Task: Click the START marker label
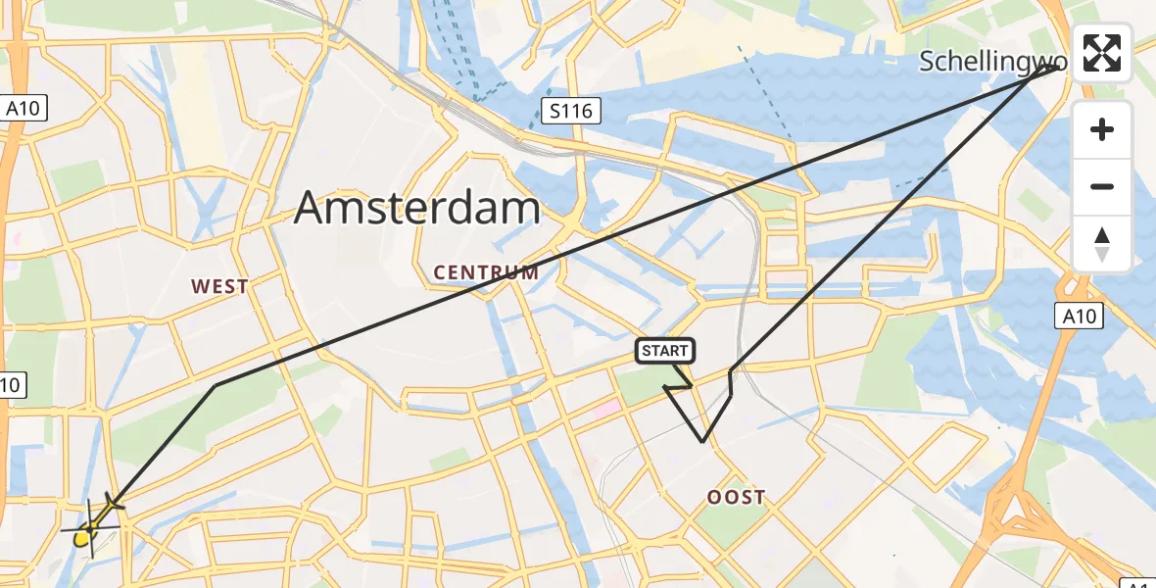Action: coord(665,351)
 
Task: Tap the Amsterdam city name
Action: coord(417,209)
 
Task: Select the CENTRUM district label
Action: coord(486,273)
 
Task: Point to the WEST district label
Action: coord(219,287)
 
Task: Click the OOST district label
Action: coord(736,498)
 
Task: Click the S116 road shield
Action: coord(570,111)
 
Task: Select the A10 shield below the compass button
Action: coord(1079,316)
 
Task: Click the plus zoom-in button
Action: coord(1102,129)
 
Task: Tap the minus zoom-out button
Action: coord(1102,186)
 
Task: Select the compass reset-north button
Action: coord(1102,244)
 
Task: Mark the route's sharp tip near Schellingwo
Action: coord(1061,66)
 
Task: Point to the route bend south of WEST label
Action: coord(217,385)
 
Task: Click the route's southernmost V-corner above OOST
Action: coord(702,442)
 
